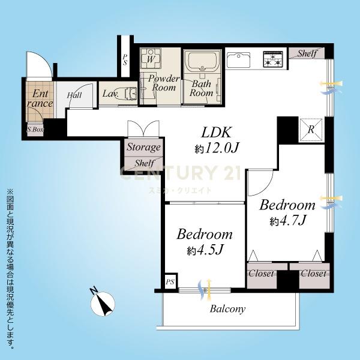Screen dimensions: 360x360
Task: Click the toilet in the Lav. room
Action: (x=130, y=94)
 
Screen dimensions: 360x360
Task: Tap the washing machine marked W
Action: (x=151, y=59)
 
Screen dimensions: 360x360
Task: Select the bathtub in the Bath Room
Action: (x=203, y=61)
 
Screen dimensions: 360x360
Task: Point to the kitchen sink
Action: (x=238, y=59)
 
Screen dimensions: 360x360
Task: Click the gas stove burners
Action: (x=273, y=59)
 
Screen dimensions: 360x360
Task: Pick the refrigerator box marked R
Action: (x=311, y=130)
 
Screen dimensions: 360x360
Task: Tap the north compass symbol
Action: (x=102, y=303)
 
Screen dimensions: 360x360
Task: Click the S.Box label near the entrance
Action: (x=35, y=130)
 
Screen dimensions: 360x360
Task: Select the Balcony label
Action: (x=227, y=309)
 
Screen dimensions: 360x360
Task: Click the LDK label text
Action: (x=216, y=132)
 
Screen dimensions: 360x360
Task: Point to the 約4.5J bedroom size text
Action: (x=205, y=250)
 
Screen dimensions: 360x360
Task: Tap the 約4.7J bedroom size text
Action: (x=288, y=221)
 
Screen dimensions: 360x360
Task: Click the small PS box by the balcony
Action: (x=170, y=281)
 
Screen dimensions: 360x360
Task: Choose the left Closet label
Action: (x=261, y=274)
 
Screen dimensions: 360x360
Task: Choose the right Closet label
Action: (x=314, y=274)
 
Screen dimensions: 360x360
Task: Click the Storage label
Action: (x=143, y=147)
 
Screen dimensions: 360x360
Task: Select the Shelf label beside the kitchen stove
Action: (x=307, y=53)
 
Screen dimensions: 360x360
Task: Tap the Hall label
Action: (x=74, y=95)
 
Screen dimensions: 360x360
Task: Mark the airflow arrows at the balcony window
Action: (x=205, y=290)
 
